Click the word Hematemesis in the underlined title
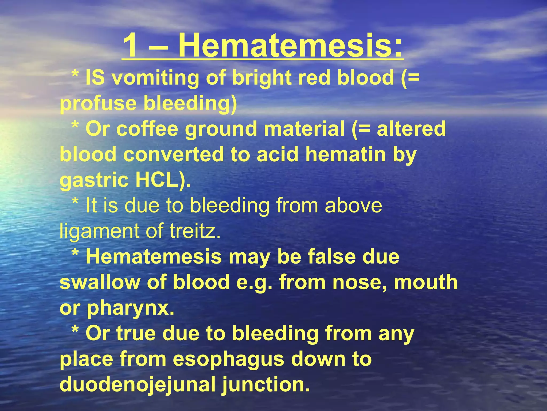290,45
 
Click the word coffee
147,129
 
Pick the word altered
411,129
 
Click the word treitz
195,231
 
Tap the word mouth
426,282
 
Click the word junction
266,385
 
